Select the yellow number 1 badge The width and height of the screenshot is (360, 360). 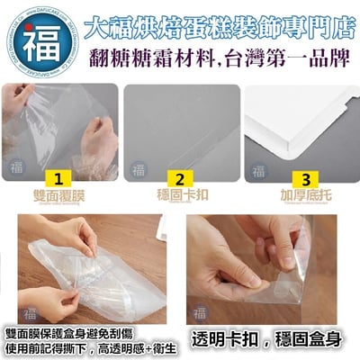pyautogui.click(x=58, y=175)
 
